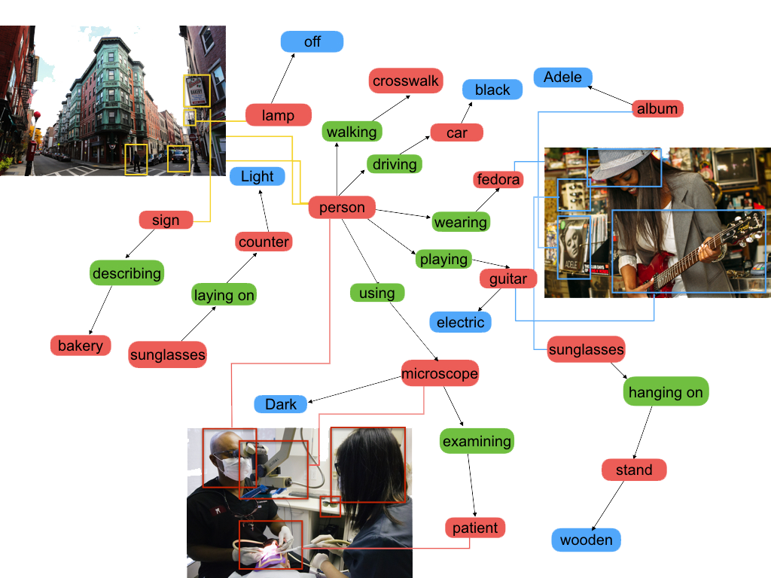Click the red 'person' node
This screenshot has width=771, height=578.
point(342,207)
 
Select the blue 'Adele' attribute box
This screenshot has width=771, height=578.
point(562,78)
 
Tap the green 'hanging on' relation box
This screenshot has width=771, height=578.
point(666,392)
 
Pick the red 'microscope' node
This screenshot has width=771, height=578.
point(440,373)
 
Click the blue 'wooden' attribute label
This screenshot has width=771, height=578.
point(587,540)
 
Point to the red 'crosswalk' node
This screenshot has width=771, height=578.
point(406,81)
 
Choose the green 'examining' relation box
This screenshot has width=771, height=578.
point(477,441)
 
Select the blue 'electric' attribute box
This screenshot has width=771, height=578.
point(460,322)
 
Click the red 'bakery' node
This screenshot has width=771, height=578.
point(80,345)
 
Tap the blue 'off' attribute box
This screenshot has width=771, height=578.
point(312,41)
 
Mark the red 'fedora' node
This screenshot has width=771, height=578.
point(498,179)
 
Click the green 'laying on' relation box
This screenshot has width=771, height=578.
point(224,295)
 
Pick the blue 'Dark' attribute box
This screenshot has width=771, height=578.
point(281,404)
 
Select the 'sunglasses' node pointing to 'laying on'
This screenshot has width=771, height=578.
point(167,354)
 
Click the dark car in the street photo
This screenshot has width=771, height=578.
point(178,156)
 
